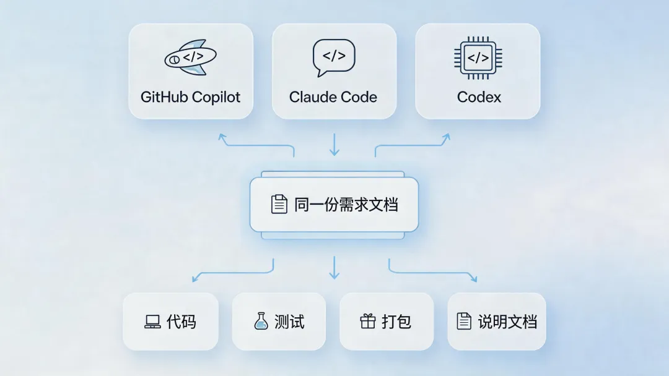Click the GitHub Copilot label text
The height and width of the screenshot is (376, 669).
click(x=190, y=97)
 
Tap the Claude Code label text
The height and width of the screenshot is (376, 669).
click(x=333, y=97)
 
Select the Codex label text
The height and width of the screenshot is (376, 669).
click(x=479, y=97)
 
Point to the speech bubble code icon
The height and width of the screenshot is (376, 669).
click(x=334, y=58)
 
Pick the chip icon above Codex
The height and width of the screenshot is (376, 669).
click(x=478, y=58)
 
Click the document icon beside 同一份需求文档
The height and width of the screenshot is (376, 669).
click(x=279, y=204)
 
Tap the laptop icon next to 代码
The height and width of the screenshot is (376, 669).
click(x=152, y=322)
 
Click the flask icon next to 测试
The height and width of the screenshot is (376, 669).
click(x=261, y=321)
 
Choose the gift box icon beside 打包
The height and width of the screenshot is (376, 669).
click(x=367, y=321)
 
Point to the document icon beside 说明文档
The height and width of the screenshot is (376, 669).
click(x=464, y=321)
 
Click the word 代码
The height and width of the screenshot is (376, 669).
click(x=181, y=322)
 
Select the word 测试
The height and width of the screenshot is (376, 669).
click(x=289, y=322)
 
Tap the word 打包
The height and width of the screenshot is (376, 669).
click(x=396, y=322)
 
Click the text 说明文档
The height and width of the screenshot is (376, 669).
click(x=507, y=322)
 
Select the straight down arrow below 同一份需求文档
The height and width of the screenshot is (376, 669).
click(x=334, y=267)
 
